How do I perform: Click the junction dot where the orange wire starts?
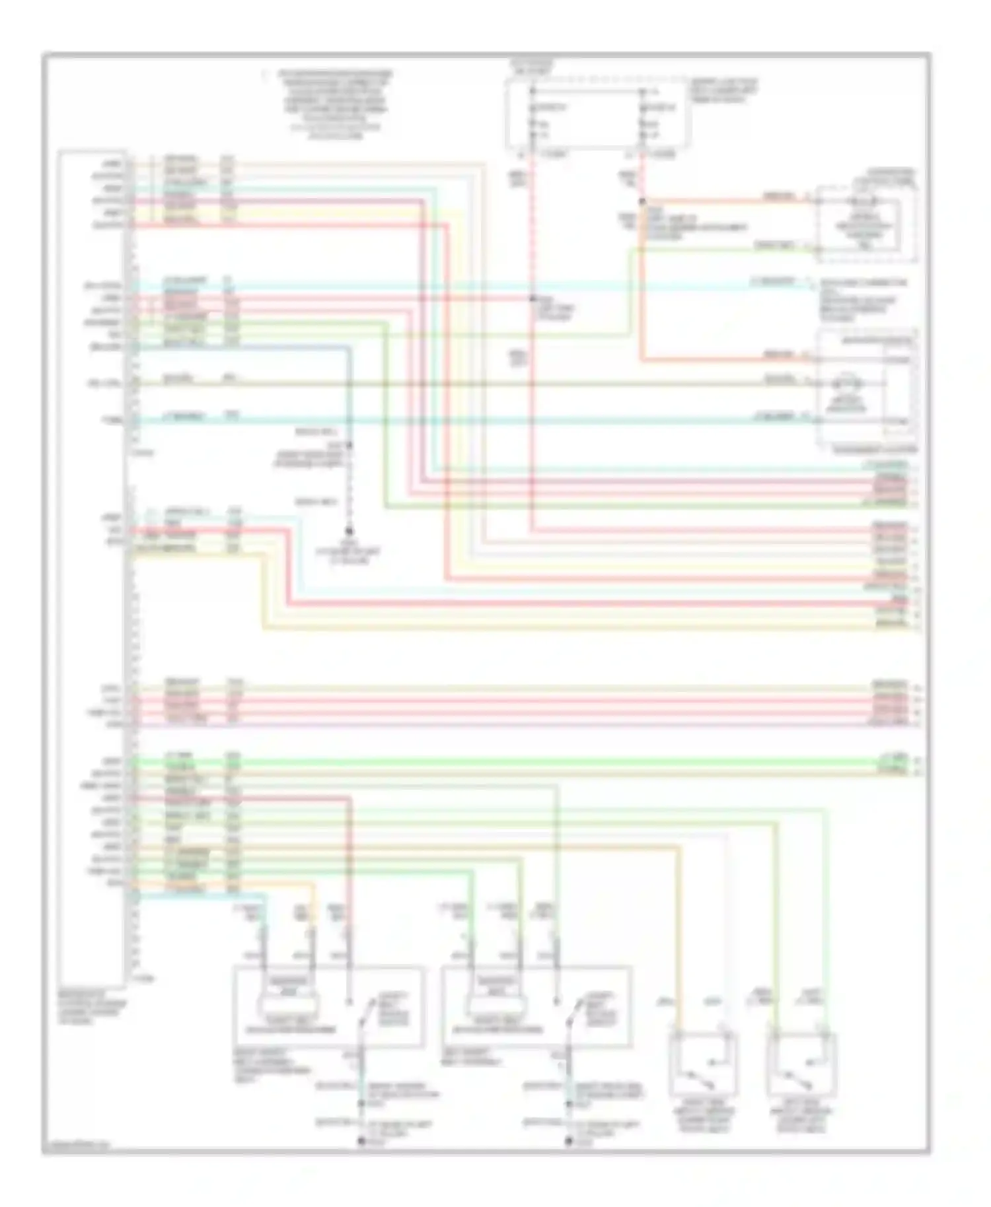(642, 201)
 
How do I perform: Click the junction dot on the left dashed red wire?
(532, 298)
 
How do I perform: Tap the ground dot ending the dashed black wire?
(349, 531)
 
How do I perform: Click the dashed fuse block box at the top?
(598, 114)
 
